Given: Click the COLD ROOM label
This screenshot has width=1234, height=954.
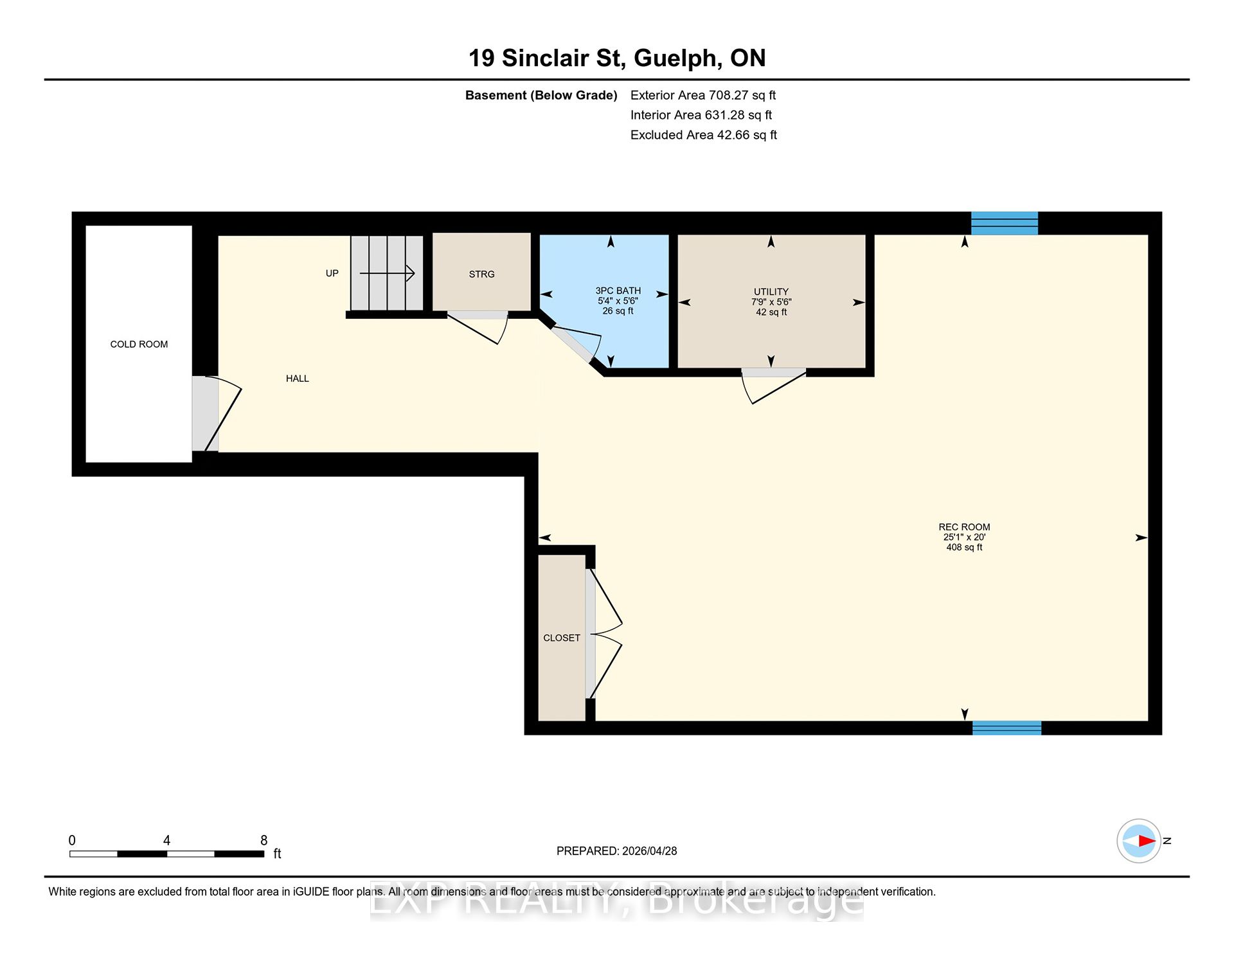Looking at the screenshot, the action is pyautogui.click(x=139, y=345).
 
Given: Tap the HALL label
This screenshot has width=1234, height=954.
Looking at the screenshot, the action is pyautogui.click(x=298, y=379).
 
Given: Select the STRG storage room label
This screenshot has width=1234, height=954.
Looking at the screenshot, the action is pyautogui.click(x=481, y=274).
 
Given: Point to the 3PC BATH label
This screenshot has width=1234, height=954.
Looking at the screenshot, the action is pyautogui.click(x=618, y=291).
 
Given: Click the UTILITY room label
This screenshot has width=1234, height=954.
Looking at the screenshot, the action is pyautogui.click(x=771, y=292).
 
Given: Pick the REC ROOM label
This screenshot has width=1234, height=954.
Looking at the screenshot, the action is pyautogui.click(x=964, y=527).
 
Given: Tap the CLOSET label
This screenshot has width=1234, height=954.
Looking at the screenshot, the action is pyautogui.click(x=562, y=638).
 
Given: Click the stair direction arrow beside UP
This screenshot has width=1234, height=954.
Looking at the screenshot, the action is pyautogui.click(x=387, y=274).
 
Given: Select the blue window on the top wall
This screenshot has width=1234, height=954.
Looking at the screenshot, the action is pyautogui.click(x=1005, y=224).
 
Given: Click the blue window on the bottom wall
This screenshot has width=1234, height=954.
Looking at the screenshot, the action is pyautogui.click(x=1006, y=728).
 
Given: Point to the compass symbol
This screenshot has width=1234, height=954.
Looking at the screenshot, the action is pyautogui.click(x=1139, y=841).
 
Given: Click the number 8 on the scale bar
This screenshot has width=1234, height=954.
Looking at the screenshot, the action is pyautogui.click(x=264, y=840).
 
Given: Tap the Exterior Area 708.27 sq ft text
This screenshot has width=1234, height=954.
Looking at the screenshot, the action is pyautogui.click(x=703, y=95).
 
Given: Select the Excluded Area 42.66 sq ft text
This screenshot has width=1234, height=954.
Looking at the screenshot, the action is pyautogui.click(x=704, y=135).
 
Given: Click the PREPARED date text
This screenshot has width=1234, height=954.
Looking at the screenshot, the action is pyautogui.click(x=616, y=851).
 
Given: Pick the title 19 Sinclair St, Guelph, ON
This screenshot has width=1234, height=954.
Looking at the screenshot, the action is pyautogui.click(x=617, y=58).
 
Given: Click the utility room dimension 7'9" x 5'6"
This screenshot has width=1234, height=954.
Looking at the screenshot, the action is pyautogui.click(x=771, y=302).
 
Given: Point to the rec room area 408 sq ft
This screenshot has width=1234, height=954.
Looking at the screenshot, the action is pyautogui.click(x=964, y=548).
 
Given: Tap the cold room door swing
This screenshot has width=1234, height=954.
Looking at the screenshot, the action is pyautogui.click(x=223, y=413).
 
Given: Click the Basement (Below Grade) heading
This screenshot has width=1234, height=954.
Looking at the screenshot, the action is pyautogui.click(x=541, y=95).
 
